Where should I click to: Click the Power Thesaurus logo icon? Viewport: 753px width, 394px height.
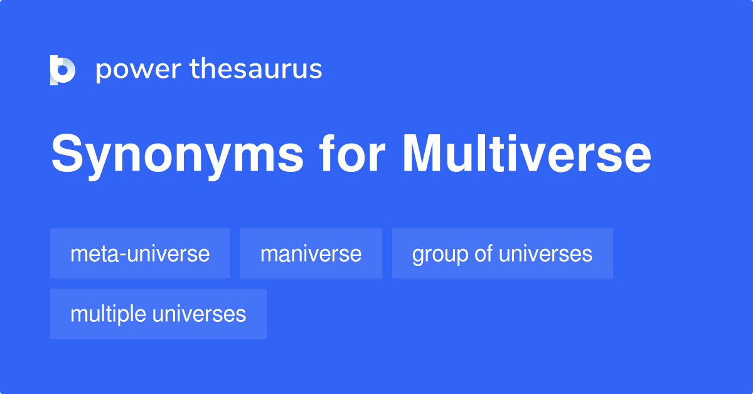click(63, 70)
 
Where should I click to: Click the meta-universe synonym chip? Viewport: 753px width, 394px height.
click(140, 253)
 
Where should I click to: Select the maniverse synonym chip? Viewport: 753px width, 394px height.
click(311, 253)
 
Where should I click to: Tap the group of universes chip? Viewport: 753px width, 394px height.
click(502, 253)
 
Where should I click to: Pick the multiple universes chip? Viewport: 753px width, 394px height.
click(158, 314)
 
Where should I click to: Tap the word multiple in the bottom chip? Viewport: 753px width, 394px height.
click(105, 314)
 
